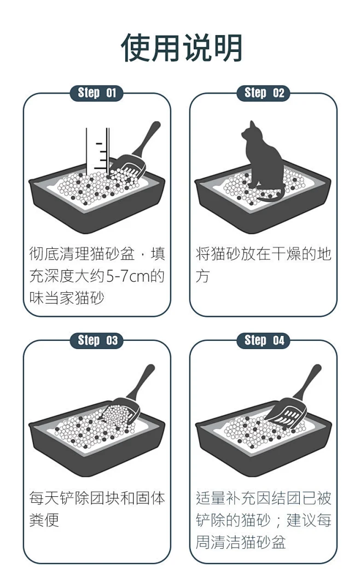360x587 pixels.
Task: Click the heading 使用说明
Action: point(182,48)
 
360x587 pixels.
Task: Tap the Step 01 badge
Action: point(96,93)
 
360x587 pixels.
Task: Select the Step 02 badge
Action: point(263,93)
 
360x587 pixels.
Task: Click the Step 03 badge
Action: point(96,340)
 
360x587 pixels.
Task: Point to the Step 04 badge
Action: point(263,340)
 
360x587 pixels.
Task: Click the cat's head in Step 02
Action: point(249,131)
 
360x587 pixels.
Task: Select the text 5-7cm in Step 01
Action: point(127,276)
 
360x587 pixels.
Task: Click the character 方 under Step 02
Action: point(202,276)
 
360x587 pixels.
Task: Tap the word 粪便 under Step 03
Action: point(44,520)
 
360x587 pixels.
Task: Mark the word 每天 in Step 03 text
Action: point(44,498)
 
